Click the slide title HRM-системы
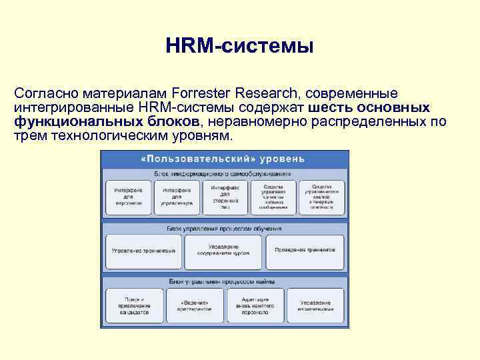point(239,47)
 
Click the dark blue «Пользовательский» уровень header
point(224,159)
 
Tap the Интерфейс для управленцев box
point(176,197)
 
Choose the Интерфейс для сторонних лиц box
point(225,197)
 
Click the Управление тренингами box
point(144,251)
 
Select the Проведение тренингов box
point(305,251)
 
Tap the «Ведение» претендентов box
point(195,305)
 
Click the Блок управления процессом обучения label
point(224,228)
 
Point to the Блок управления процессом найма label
point(224,281)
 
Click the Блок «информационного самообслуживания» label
point(224,173)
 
